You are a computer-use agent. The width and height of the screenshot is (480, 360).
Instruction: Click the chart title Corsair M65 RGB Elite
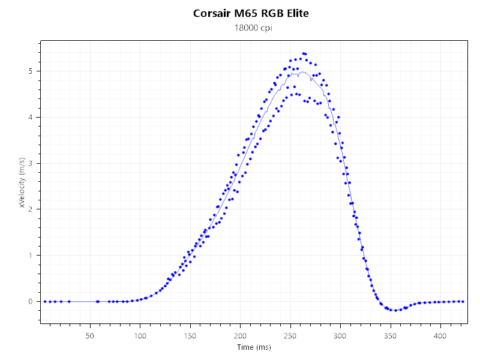coord(251,13)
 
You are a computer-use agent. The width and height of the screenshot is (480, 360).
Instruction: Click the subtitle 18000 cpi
coord(251,28)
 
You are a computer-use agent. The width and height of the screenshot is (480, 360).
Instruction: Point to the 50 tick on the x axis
coord(90,335)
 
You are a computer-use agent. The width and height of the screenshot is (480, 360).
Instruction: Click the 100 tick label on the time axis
coord(140,335)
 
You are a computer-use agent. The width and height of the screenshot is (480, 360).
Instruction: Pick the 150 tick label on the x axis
coord(190,335)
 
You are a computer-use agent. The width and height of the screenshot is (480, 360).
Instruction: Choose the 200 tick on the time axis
coord(241,335)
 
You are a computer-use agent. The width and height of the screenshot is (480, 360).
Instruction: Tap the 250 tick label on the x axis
coord(290,335)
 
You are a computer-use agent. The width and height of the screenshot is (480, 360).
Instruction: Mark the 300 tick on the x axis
coord(341,335)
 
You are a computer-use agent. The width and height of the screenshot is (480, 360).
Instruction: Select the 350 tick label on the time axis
coord(391,335)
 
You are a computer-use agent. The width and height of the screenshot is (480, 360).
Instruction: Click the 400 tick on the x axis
coord(441,335)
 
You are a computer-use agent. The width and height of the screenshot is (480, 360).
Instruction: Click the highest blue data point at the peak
coord(303,53)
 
